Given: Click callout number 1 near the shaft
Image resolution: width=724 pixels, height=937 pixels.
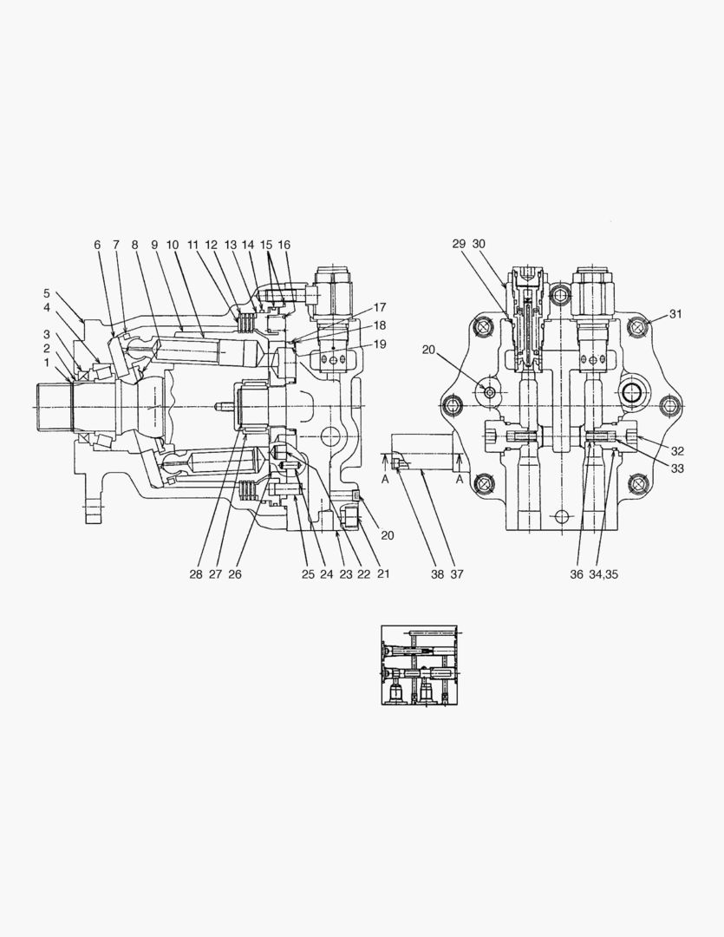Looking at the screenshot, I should pyautogui.click(x=47, y=363).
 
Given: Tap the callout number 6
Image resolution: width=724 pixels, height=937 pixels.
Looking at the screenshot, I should pyautogui.click(x=97, y=246).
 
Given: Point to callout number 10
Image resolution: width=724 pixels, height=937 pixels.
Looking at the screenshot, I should pyautogui.click(x=172, y=246).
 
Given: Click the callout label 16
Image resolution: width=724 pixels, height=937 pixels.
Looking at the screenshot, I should pyautogui.click(x=284, y=246).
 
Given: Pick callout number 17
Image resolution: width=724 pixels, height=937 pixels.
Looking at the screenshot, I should pyautogui.click(x=380, y=307).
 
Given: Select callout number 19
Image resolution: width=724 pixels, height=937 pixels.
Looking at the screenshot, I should pyautogui.click(x=380, y=344).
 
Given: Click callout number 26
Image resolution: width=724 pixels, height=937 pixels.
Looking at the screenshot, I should pyautogui.click(x=234, y=574).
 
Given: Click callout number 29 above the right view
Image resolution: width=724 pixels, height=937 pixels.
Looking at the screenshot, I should pyautogui.click(x=459, y=244).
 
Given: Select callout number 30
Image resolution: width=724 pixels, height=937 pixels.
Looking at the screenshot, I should pyautogui.click(x=479, y=244).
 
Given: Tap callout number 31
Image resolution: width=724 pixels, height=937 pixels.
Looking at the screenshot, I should pyautogui.click(x=675, y=314).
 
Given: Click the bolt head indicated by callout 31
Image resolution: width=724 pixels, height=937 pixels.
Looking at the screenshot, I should pyautogui.click(x=640, y=327).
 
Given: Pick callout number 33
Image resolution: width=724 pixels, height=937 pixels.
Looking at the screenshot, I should pyautogui.click(x=677, y=468).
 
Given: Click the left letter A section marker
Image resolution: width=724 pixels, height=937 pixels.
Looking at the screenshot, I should pyautogui.click(x=385, y=478).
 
